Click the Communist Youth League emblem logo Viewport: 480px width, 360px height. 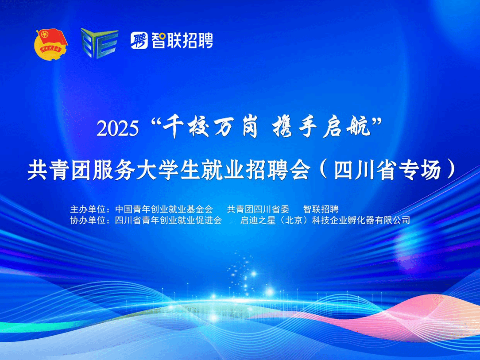[51, 44]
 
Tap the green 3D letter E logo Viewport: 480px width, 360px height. [100, 43]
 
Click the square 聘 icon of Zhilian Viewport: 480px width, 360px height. [139, 40]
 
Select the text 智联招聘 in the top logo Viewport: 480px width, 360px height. [182, 40]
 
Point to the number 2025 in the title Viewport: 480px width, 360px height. [118, 128]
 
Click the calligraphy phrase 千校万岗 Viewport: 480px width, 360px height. [210, 128]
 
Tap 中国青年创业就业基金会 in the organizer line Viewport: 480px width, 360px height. [164, 209]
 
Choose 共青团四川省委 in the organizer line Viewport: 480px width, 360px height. [258, 209]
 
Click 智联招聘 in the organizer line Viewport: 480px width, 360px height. [321, 209]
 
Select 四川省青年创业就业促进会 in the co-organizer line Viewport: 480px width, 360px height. [168, 220]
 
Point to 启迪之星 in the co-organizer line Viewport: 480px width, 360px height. [258, 220]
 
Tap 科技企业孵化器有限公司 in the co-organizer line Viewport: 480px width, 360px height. [361, 220]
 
